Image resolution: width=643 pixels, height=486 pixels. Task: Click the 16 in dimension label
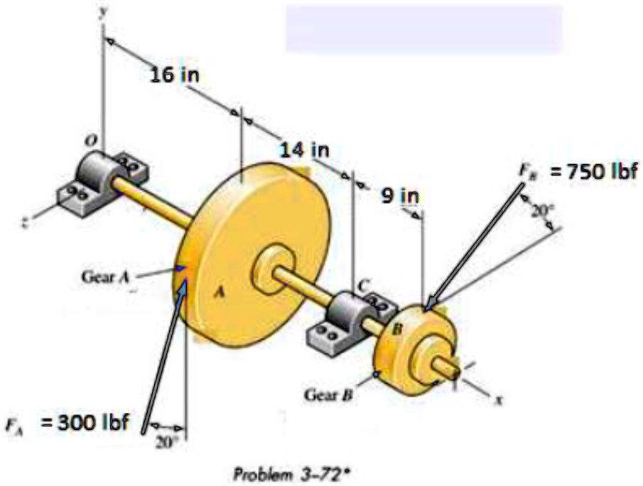point(174,74)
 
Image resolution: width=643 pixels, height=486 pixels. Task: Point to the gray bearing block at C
point(346,316)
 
